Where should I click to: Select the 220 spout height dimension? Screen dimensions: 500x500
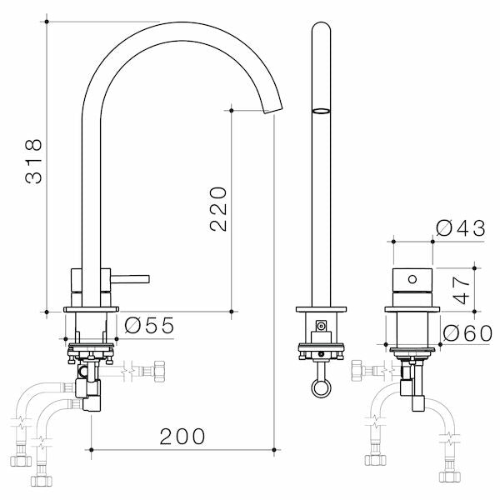tap(217, 208)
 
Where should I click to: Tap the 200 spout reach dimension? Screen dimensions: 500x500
tap(182, 436)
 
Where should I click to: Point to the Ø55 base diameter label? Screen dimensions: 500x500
tap(149, 326)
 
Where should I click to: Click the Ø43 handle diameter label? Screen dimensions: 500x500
tap(461, 227)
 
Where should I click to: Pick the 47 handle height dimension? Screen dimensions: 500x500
tap(461, 287)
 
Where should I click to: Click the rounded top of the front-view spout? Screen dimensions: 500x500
tap(320, 29)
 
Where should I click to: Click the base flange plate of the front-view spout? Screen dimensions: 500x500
tap(320, 312)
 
